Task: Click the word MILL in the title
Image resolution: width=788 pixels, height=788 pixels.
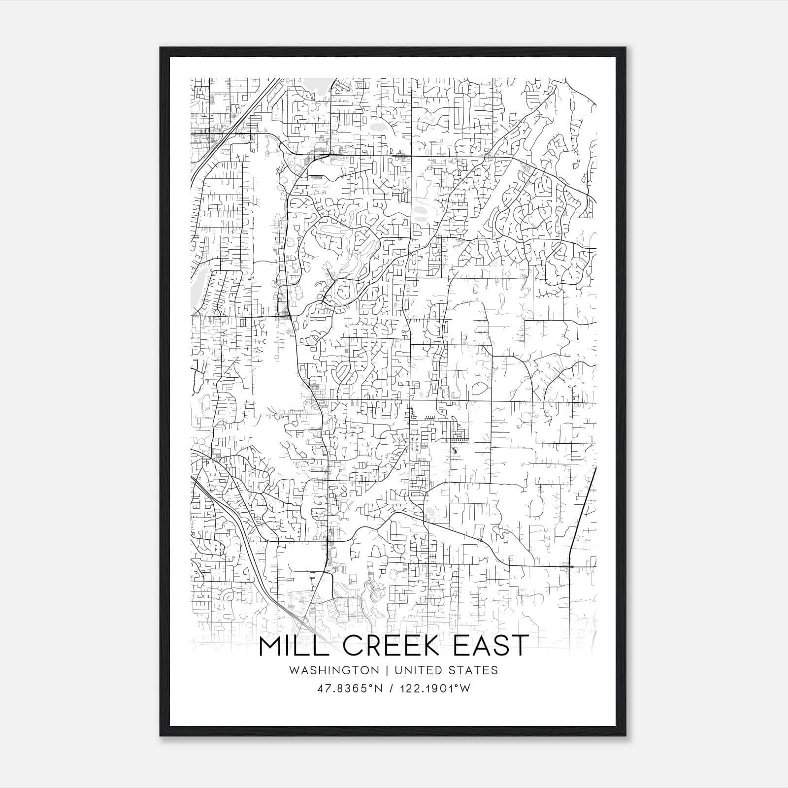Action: point(295,645)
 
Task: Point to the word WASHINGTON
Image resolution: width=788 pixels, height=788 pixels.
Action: point(334,670)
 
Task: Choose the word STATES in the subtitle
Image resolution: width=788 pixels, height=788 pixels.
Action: point(473,670)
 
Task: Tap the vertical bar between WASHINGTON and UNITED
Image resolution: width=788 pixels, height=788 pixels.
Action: point(385,670)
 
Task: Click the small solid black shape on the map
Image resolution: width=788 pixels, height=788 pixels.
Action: point(454,451)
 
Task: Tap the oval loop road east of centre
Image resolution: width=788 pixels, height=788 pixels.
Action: point(477,389)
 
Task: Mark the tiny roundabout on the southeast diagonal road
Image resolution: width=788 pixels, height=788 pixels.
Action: point(481,540)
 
